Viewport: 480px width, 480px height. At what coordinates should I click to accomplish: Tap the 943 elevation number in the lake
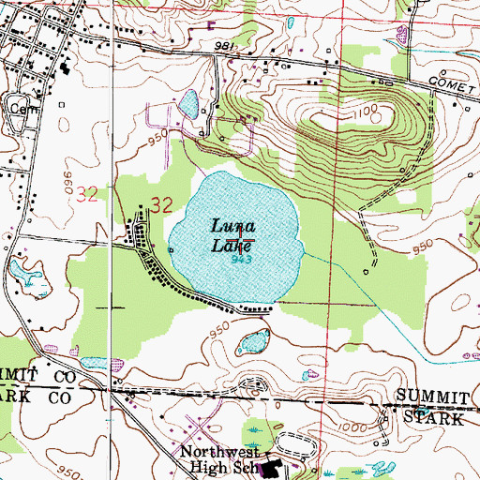tap(240, 260)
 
